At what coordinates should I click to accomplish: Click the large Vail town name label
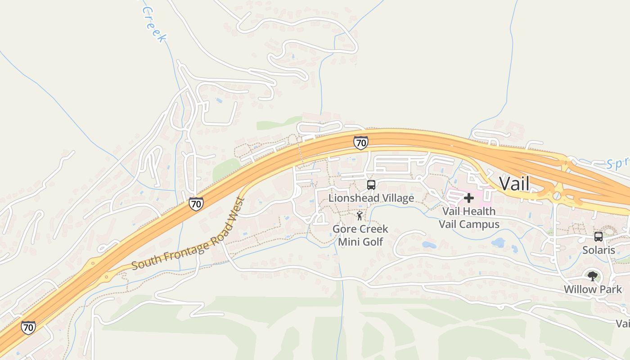click(x=514, y=184)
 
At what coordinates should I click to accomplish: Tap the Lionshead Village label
click(x=371, y=198)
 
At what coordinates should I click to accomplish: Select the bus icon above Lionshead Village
click(x=371, y=184)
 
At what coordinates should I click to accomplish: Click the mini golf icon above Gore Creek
click(x=360, y=216)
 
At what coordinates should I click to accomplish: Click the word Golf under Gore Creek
click(x=373, y=242)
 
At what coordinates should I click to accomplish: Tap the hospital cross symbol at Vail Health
click(x=469, y=198)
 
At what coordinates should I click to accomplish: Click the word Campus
click(x=482, y=224)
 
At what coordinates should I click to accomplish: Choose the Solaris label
click(x=598, y=250)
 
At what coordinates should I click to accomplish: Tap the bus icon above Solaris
click(x=598, y=237)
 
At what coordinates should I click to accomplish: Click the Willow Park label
click(x=593, y=289)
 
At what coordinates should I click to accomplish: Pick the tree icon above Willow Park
click(x=593, y=276)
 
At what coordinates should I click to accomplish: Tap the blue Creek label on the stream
click(x=154, y=25)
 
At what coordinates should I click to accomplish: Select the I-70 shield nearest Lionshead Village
click(x=360, y=143)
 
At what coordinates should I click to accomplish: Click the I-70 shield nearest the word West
click(x=196, y=203)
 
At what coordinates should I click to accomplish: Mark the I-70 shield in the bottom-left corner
click(x=28, y=327)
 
